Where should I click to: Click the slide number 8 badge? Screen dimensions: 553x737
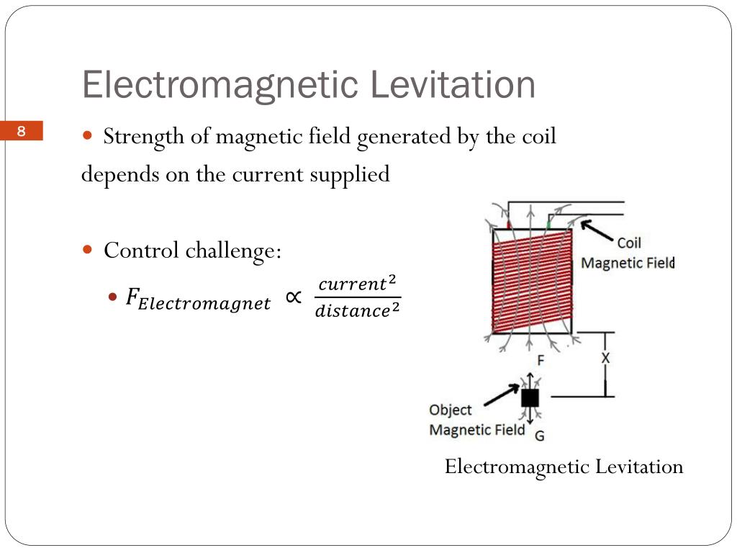[x=22, y=131]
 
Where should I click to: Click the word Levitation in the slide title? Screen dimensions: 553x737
[x=453, y=85]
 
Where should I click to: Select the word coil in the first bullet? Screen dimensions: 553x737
[x=538, y=136]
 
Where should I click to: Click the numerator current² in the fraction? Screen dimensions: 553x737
[x=357, y=284]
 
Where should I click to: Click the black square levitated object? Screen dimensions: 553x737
[x=530, y=398]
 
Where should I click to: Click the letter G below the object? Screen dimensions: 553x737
[x=539, y=435]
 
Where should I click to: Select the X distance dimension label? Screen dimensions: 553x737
[x=605, y=358]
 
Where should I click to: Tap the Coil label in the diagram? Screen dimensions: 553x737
[x=629, y=243]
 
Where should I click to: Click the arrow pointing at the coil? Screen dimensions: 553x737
[x=596, y=231]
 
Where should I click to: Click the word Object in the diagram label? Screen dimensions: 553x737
[x=451, y=410]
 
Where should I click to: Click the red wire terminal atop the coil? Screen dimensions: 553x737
[x=510, y=225]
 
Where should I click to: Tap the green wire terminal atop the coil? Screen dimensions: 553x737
[x=549, y=225]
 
